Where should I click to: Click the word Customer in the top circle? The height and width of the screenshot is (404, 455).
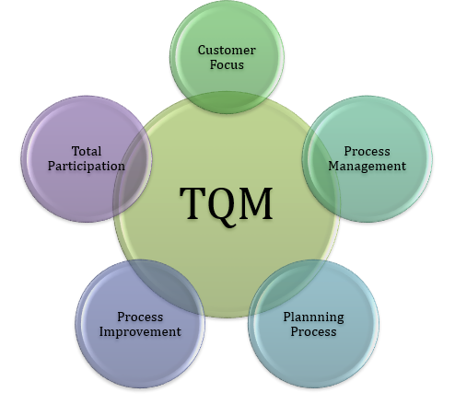227,51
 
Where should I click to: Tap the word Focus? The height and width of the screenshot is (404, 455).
227,64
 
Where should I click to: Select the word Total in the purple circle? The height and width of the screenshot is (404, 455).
87,151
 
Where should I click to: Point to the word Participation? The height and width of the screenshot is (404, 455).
87,167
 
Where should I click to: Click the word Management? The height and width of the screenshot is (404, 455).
367,167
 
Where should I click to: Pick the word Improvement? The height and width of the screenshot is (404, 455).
140,332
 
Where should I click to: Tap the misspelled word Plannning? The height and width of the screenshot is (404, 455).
313,317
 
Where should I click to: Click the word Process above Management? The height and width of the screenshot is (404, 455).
367,151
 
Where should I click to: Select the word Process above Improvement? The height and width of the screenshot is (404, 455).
140,317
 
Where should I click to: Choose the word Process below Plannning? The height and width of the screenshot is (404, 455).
313,331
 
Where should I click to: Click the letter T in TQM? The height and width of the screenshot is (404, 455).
192,203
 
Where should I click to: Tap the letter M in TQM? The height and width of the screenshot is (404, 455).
256,203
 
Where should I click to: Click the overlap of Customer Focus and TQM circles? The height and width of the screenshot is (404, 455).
227,103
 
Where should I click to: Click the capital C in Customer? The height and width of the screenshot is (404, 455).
202,51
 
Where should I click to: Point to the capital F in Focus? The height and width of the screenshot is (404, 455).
214,64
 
